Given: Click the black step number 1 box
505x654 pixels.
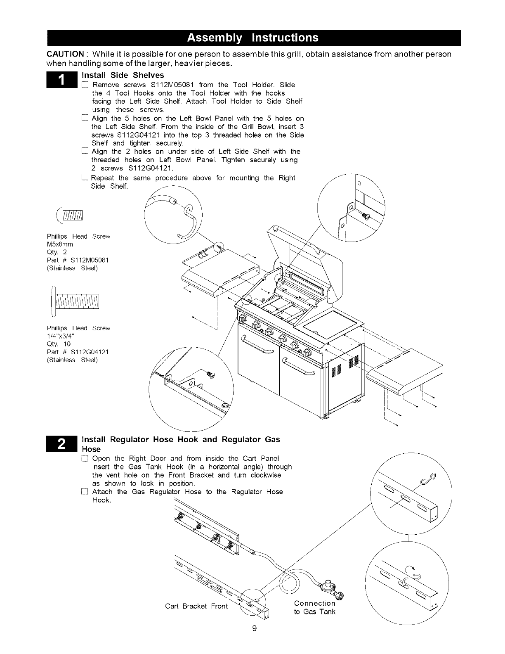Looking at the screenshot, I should point(61,80).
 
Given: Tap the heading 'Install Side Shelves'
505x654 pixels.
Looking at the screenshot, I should point(123,75).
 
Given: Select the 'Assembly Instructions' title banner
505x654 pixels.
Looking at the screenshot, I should point(253,38).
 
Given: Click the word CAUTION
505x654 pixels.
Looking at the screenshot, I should point(67,54).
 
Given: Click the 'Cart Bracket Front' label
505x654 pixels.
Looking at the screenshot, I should point(196,606).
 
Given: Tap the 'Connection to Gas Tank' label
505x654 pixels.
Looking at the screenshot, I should point(315,607).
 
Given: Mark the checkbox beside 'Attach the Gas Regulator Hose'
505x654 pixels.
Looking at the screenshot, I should point(85,492).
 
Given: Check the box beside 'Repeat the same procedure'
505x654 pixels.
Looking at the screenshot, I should point(84,178).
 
